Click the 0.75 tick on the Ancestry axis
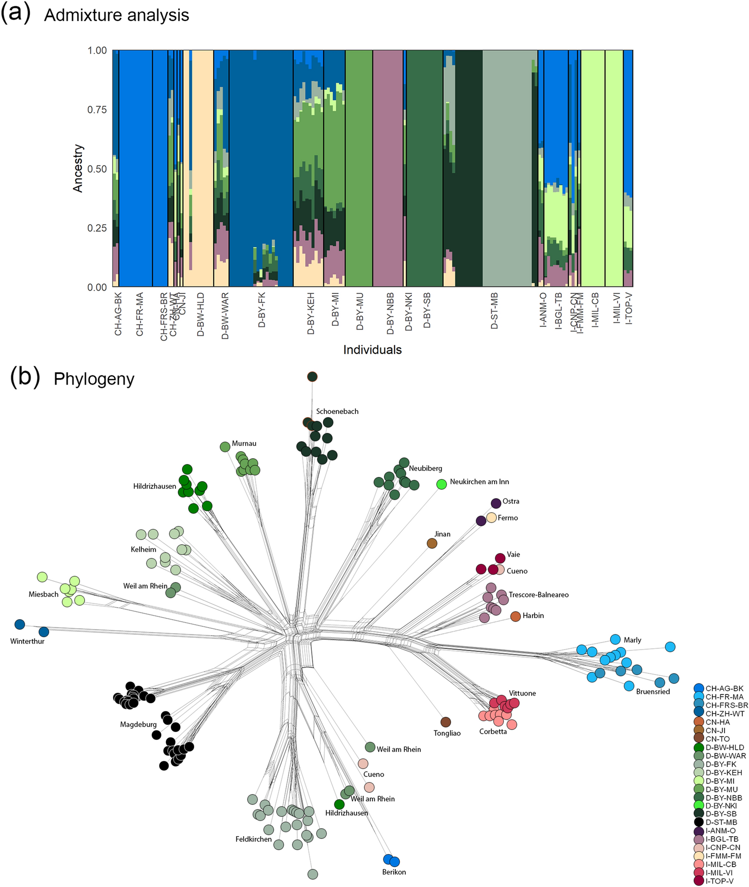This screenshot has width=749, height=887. coord(97,110)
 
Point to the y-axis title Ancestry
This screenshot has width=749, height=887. coord(78,168)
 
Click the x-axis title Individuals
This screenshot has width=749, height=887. coord(372,350)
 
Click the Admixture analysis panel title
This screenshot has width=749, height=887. coord(116,16)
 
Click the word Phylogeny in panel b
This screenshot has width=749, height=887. coord(94,379)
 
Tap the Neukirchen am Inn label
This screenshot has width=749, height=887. coord(479,482)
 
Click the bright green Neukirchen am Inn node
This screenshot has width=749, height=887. coord(442,484)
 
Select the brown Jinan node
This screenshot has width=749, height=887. coord(432,543)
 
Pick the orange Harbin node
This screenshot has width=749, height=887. coord(515,617)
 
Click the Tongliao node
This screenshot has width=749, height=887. coord(446,722)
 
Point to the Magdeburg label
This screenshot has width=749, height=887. coord(138,725)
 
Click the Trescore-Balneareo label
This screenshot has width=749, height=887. coord(538,595)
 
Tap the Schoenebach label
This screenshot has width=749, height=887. coord(337,411)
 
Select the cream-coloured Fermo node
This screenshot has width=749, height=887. coord(491,518)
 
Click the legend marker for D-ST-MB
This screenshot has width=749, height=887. coord(699,822)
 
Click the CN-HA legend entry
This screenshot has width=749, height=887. coord(718,722)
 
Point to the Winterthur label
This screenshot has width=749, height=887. coord(27,641)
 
